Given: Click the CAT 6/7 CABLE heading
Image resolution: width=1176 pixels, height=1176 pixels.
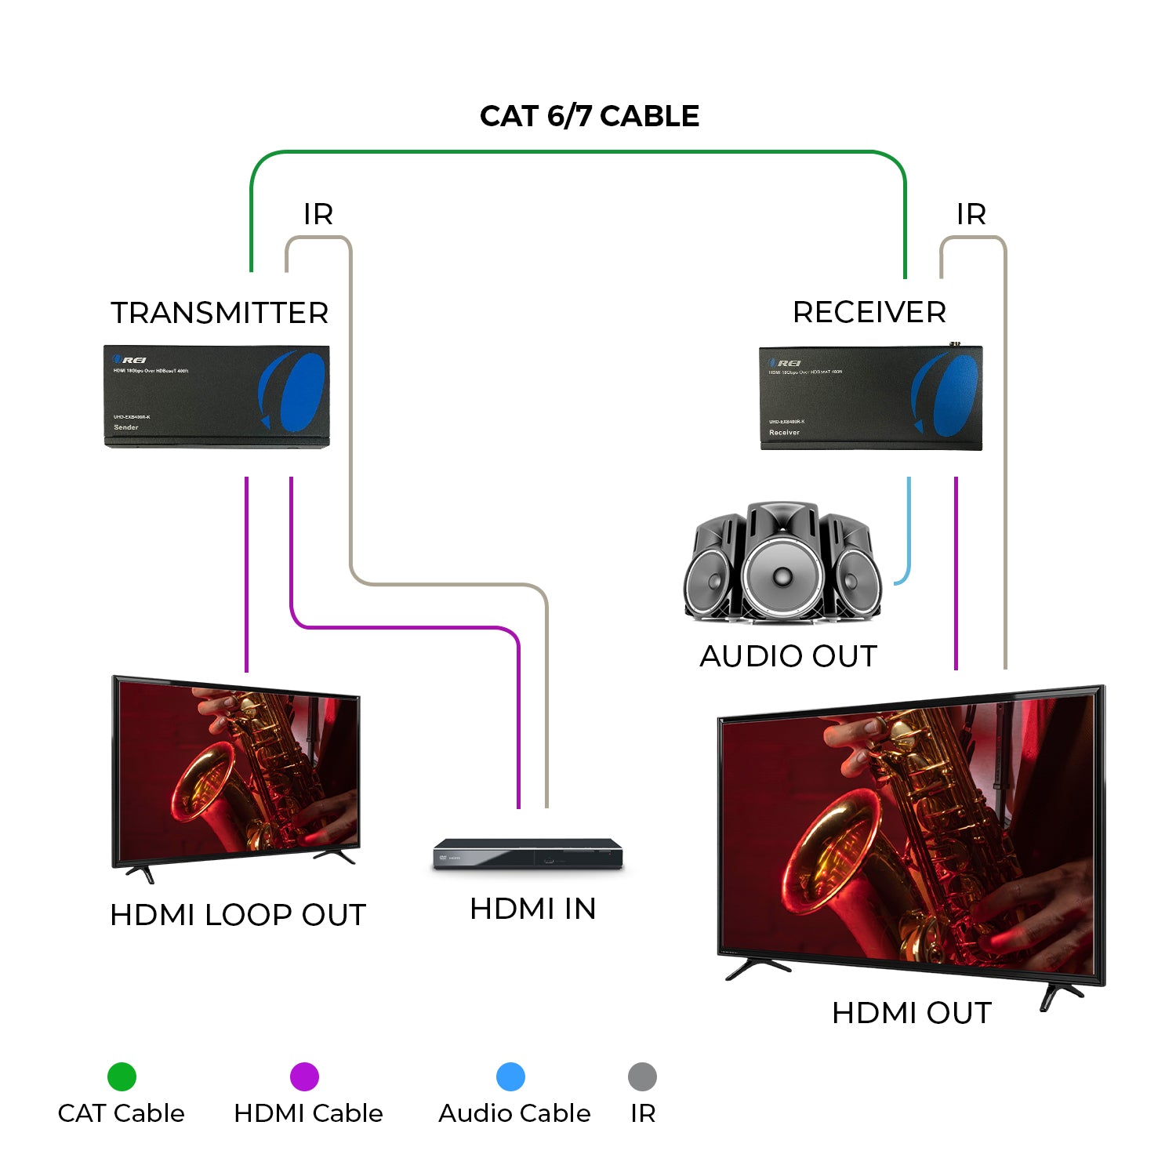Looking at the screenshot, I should click(x=589, y=116).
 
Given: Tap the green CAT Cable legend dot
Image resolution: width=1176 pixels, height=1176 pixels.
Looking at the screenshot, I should click(x=122, y=1076).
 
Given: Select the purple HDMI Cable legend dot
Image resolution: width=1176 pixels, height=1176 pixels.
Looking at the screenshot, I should click(x=304, y=1076).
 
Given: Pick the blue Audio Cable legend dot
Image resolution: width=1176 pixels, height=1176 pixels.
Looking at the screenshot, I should click(x=510, y=1076).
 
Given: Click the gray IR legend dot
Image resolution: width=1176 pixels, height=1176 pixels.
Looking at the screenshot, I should click(x=642, y=1076).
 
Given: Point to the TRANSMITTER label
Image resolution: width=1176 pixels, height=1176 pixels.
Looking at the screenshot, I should click(x=220, y=313).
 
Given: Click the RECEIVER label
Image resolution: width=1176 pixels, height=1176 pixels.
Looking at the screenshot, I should click(x=869, y=312).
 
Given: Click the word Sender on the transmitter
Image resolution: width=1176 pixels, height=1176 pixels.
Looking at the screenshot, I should click(x=126, y=427).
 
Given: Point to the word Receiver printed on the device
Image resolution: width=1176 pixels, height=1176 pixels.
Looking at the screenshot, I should click(x=784, y=433).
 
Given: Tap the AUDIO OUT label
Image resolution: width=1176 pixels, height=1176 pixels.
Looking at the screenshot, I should click(x=788, y=656).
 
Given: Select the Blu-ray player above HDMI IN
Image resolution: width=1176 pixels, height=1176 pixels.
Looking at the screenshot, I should click(x=528, y=854).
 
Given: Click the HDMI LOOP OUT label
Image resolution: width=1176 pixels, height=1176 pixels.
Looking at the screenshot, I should click(x=238, y=915).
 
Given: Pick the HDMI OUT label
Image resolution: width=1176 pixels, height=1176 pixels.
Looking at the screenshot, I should click(x=912, y=1013).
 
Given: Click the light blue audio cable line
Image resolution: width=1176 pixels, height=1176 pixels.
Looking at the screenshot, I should click(x=909, y=533).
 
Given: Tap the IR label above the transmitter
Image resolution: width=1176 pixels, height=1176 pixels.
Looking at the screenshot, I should click(x=318, y=214).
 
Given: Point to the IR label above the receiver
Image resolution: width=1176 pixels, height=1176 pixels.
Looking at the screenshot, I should click(x=971, y=214).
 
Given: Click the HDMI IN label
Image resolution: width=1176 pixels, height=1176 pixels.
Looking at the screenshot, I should click(x=533, y=909).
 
